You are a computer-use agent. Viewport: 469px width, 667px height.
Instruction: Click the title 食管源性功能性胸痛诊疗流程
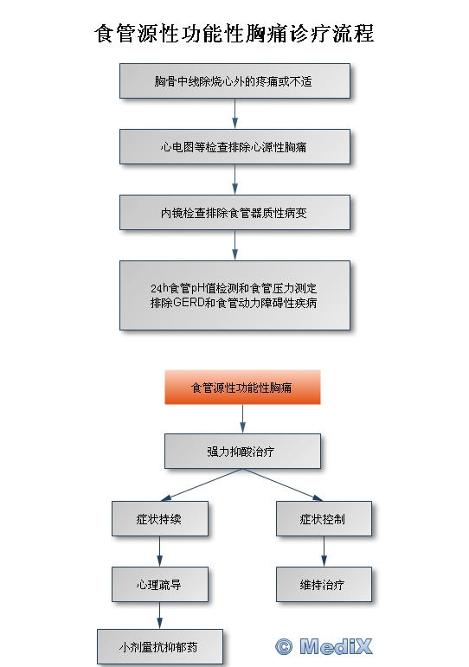click(x=234, y=34)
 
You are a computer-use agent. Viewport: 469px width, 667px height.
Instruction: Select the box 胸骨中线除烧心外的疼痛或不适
click(x=234, y=81)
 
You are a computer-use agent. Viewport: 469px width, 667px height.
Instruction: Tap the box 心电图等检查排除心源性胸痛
click(x=234, y=147)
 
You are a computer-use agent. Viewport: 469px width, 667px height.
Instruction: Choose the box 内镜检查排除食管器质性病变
click(x=234, y=212)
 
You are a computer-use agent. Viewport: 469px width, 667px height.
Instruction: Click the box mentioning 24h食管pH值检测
click(x=234, y=295)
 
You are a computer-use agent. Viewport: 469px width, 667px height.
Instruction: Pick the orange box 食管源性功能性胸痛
click(x=242, y=387)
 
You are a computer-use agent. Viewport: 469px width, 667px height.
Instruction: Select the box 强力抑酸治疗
click(x=242, y=452)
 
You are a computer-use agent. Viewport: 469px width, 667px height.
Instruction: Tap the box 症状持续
click(x=160, y=518)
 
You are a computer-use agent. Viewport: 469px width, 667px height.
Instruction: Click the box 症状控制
click(x=324, y=518)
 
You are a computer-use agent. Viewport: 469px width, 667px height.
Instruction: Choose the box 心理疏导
click(x=160, y=585)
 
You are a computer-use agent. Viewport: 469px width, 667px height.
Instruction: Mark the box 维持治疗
click(x=324, y=585)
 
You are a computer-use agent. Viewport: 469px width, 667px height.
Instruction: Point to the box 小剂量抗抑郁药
click(x=160, y=647)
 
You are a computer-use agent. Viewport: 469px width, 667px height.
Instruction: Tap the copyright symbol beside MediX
click(x=284, y=647)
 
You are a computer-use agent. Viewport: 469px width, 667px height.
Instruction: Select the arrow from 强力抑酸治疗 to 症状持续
click(x=202, y=485)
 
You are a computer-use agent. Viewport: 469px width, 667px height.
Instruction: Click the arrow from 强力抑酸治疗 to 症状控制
click(x=283, y=485)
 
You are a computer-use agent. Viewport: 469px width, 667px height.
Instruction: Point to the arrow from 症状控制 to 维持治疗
click(x=324, y=551)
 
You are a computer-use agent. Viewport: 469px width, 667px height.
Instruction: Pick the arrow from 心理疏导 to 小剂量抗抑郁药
click(x=159, y=616)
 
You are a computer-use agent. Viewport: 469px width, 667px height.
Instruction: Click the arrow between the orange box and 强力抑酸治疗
click(x=242, y=419)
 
